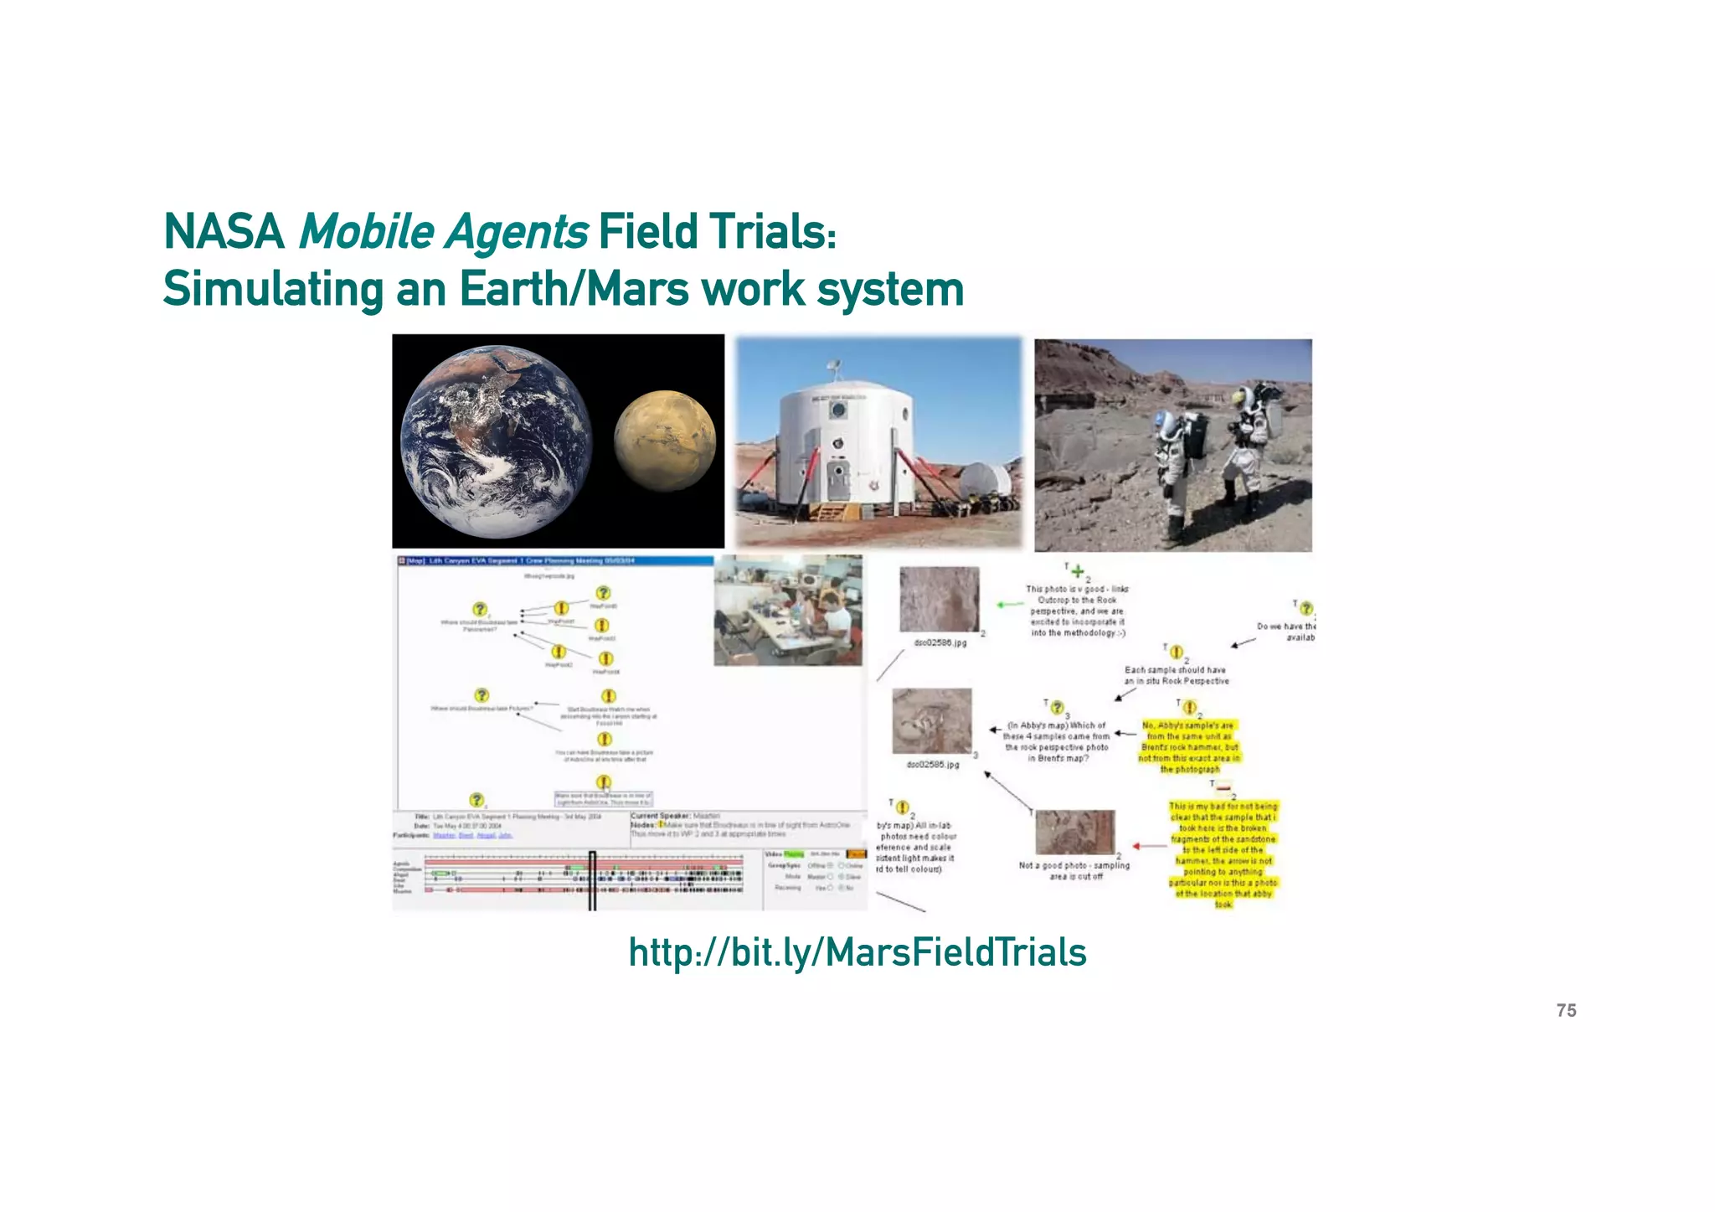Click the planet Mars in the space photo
pyautogui.click(x=665, y=441)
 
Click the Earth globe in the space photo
pyautogui.click(x=496, y=441)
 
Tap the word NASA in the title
pyautogui.click(x=224, y=232)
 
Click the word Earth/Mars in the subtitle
pyautogui.click(x=574, y=290)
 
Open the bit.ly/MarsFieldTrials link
pyautogui.click(x=857, y=952)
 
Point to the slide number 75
pyautogui.click(x=1566, y=1011)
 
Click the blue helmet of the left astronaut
pyautogui.click(x=1164, y=422)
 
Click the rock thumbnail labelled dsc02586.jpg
pyautogui.click(x=939, y=599)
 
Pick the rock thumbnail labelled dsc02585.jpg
pyautogui.click(x=932, y=721)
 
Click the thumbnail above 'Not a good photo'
pyautogui.click(x=1075, y=832)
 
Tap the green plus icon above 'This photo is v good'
pyautogui.click(x=1078, y=572)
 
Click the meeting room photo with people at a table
pyautogui.click(x=788, y=610)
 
